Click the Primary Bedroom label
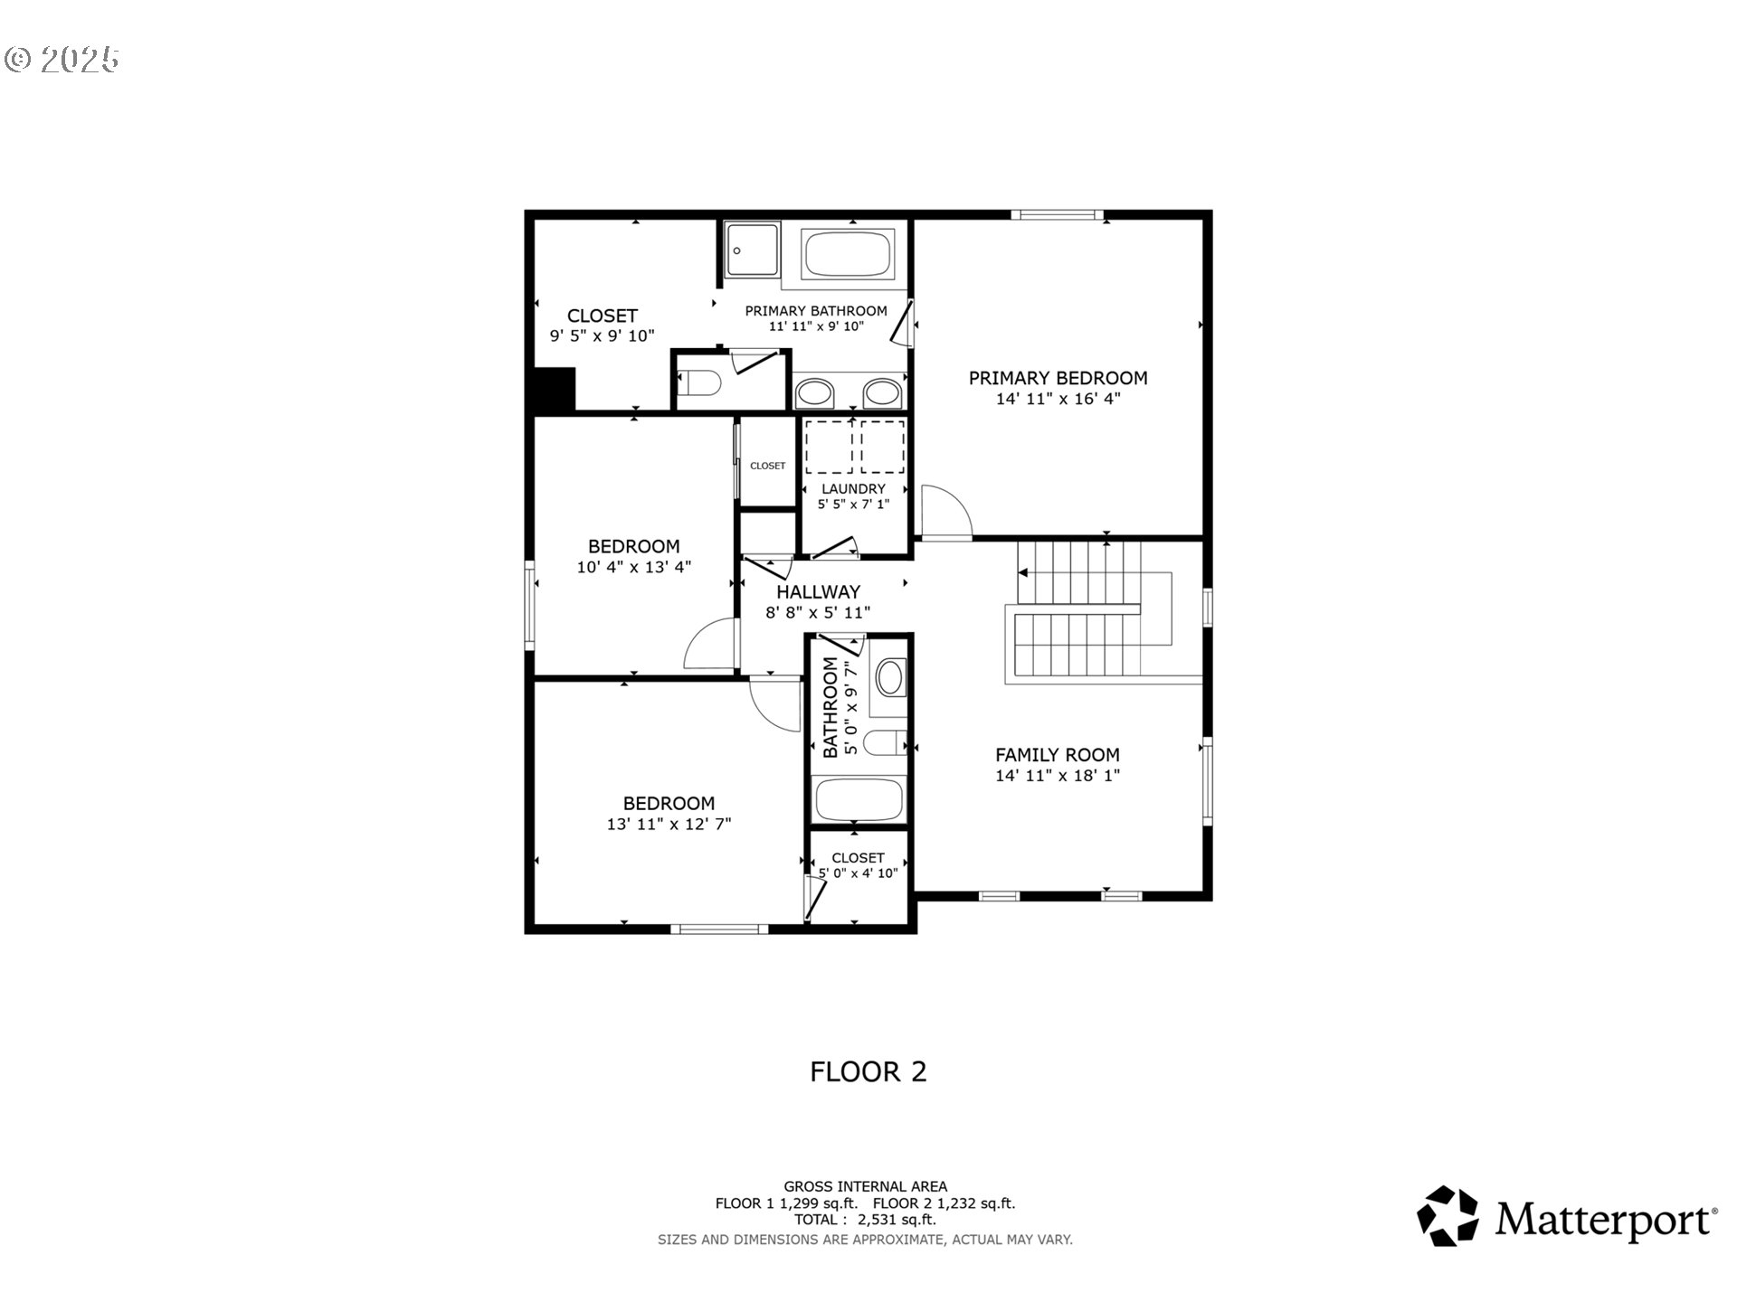[x=1058, y=378]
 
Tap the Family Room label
[x=1058, y=755]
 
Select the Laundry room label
[x=853, y=489]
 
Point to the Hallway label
[x=818, y=592]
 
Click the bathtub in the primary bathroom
[x=849, y=254]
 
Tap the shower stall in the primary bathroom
[x=752, y=250]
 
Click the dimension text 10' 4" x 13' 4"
[x=634, y=567]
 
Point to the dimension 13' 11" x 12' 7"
[x=669, y=824]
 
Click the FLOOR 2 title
[x=868, y=1071]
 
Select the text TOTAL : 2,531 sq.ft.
[x=866, y=1219]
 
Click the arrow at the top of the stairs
[x=1023, y=572]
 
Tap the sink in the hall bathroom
[x=891, y=677]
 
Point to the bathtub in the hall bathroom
[x=859, y=799]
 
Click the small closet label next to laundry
[x=768, y=466]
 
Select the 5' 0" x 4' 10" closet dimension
[x=858, y=873]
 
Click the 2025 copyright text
[x=62, y=60]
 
